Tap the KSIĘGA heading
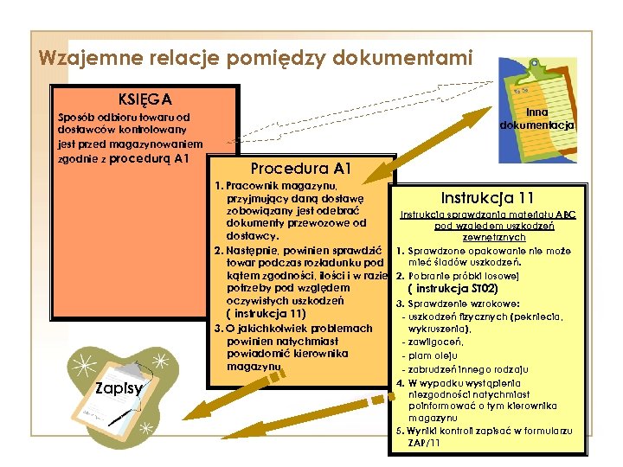coord(145,97)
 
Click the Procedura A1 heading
coord(300,168)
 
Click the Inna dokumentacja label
coord(537,118)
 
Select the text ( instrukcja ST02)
coord(480,289)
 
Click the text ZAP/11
coord(424,443)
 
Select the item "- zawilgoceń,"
coord(439,343)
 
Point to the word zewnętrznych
coord(494,237)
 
